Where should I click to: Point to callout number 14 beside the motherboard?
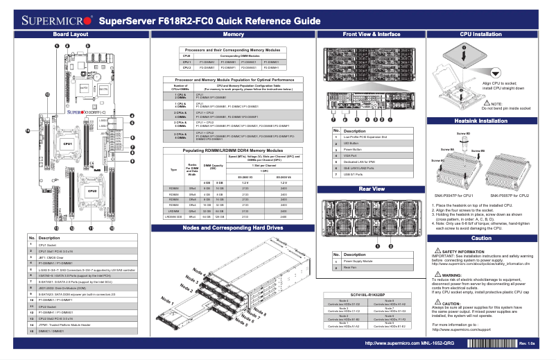coord(28,130)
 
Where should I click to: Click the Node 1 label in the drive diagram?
coord(167,299)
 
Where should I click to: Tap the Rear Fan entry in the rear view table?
coord(351,267)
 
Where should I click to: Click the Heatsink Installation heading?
coord(481,121)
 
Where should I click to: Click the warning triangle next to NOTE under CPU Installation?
coord(487,102)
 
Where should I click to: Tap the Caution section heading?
coord(481,238)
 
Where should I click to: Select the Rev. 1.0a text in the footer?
coord(527,343)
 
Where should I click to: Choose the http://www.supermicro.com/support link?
coord(461,329)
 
